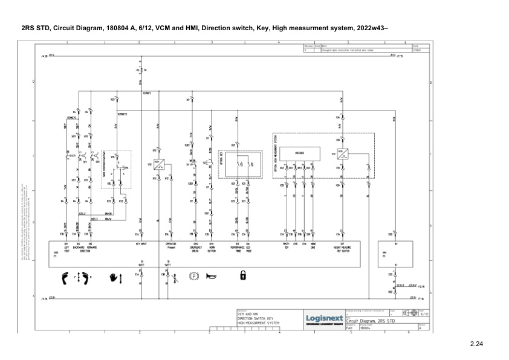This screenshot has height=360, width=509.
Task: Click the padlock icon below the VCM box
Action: tap(242, 276)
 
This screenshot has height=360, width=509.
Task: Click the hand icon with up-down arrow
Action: tap(115, 277)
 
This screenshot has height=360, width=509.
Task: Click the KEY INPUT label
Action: tap(141, 245)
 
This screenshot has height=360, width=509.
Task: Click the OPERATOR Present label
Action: tap(170, 246)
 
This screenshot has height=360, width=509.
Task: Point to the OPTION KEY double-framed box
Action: tap(244, 163)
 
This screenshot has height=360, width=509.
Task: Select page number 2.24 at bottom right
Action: tap(478, 345)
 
